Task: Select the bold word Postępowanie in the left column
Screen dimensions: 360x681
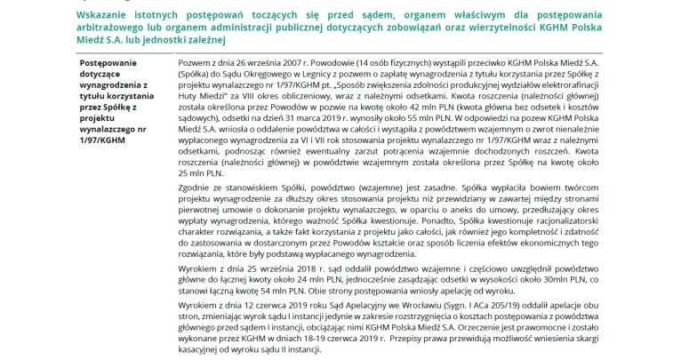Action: tap(106, 65)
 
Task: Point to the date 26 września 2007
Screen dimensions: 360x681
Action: tap(260, 65)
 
